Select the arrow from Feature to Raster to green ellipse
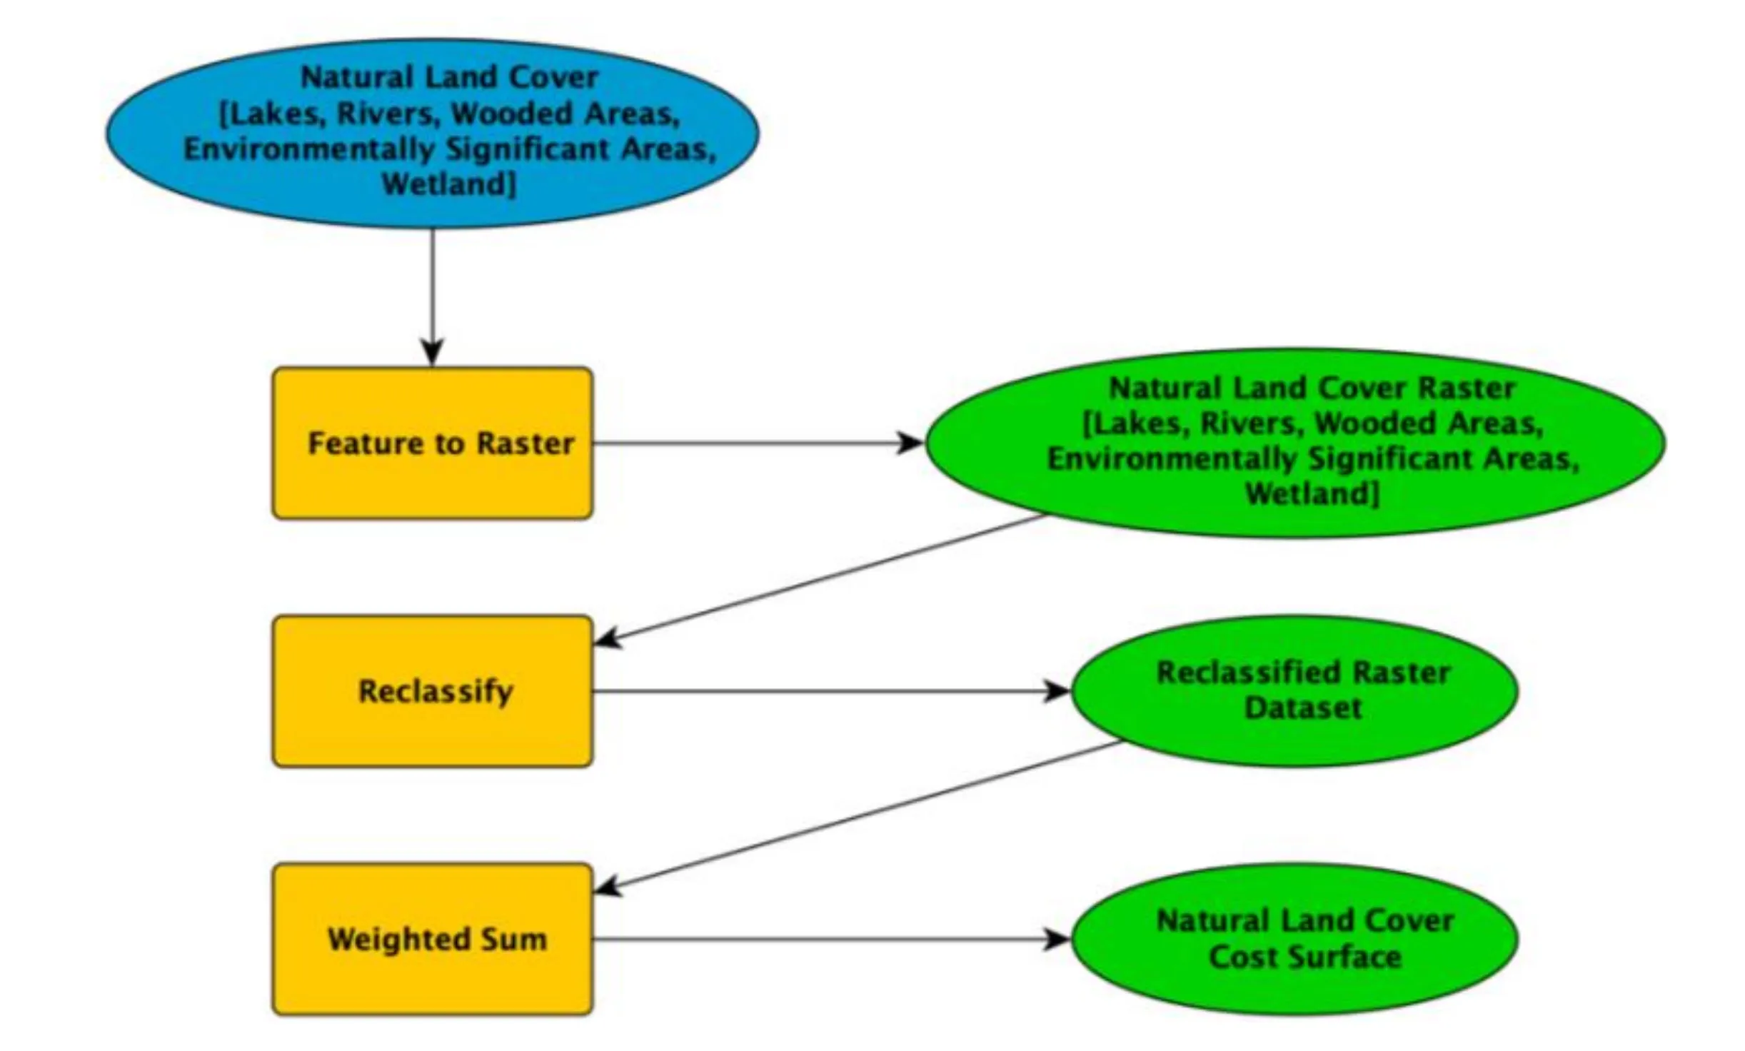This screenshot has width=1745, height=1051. coord(757,443)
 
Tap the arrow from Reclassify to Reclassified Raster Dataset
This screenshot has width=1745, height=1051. coord(828,691)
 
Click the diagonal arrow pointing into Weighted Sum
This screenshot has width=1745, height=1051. coord(857,816)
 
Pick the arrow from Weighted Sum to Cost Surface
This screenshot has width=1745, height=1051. coord(828,939)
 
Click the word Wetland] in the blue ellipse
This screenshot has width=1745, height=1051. coord(448,185)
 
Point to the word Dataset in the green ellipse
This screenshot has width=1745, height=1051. coord(1302,708)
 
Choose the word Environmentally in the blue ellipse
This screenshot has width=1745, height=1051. coord(308,149)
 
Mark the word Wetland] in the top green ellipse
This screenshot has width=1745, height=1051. coord(1312,493)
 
